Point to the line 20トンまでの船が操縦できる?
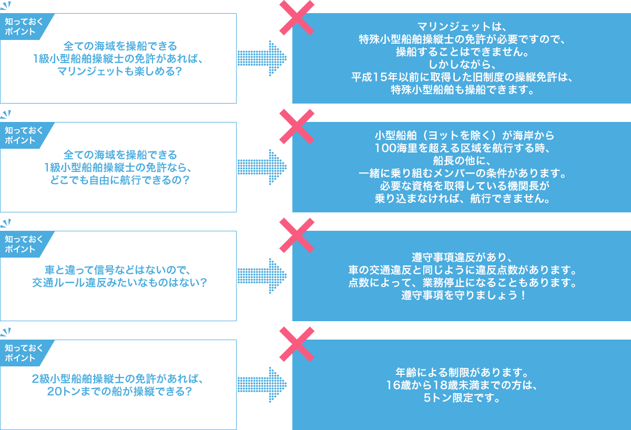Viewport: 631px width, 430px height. pos(118,392)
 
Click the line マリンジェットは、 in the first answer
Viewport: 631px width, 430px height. pos(461,26)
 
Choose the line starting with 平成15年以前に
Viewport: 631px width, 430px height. pos(461,77)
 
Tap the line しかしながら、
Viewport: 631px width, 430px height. pos(461,65)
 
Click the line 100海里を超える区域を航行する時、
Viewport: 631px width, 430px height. pos(461,148)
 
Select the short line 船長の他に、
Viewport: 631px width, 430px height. pos(461,160)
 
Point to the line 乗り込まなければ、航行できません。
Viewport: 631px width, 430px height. pos(461,199)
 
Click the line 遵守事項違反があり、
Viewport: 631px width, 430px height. pos(461,258)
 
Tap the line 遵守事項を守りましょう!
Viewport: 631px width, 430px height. pos(461,296)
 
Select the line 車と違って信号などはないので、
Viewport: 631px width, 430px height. pos(118,270)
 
